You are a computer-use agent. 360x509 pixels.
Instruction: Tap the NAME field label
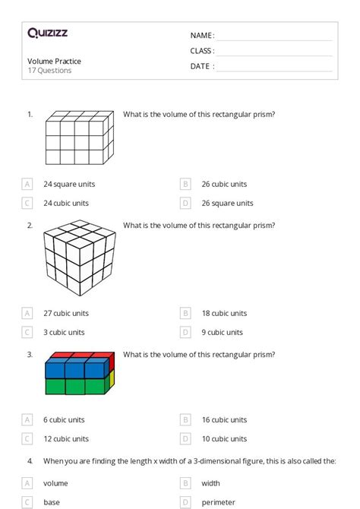click(201, 36)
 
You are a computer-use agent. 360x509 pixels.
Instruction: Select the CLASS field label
click(202, 51)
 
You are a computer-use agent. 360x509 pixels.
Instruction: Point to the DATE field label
click(201, 66)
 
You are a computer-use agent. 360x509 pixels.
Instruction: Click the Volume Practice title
click(54, 61)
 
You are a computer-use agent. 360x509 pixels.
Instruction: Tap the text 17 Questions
click(49, 71)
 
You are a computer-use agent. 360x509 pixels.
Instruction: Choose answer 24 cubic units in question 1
click(66, 203)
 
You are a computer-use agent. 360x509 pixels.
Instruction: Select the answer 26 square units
click(228, 203)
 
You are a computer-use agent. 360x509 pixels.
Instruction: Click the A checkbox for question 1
click(27, 184)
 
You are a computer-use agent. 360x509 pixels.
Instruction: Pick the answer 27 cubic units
click(66, 313)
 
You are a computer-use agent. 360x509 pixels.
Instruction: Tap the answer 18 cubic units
click(224, 313)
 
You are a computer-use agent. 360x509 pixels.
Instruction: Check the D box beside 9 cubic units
click(185, 332)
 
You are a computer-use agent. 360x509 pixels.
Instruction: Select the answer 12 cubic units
click(66, 438)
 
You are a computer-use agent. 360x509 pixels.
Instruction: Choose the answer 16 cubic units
click(224, 419)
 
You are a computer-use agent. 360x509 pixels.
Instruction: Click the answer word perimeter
click(218, 502)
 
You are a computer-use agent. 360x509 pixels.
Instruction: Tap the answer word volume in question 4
click(55, 483)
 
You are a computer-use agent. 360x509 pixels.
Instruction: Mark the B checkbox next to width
click(185, 483)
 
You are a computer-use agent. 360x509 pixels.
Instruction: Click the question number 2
click(30, 226)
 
